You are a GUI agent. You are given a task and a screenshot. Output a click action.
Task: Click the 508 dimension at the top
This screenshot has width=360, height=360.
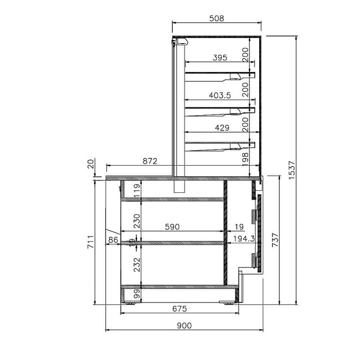217,19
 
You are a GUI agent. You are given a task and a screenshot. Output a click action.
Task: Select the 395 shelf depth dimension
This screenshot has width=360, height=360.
220,58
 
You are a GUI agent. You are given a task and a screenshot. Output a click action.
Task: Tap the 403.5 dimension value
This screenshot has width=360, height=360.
220,95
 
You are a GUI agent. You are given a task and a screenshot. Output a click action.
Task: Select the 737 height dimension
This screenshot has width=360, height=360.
274,240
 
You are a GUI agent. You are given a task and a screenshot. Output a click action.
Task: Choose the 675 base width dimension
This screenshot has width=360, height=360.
178,309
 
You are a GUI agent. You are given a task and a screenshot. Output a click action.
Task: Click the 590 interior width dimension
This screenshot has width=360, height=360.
172,227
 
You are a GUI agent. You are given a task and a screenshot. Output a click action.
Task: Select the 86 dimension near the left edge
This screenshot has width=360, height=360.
113,240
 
